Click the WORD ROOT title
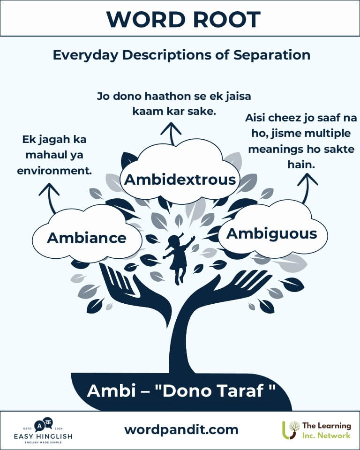click(x=183, y=20)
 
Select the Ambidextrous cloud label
click(x=180, y=180)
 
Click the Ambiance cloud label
click(x=87, y=238)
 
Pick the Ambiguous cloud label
click(x=271, y=234)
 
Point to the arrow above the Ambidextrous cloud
click(x=172, y=134)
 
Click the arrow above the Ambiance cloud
click(x=50, y=198)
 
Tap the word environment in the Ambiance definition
click(x=54, y=171)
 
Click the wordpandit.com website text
click(x=181, y=430)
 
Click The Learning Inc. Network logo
click(x=317, y=430)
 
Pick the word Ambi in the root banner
click(x=111, y=390)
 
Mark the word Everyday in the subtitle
click(x=85, y=55)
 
